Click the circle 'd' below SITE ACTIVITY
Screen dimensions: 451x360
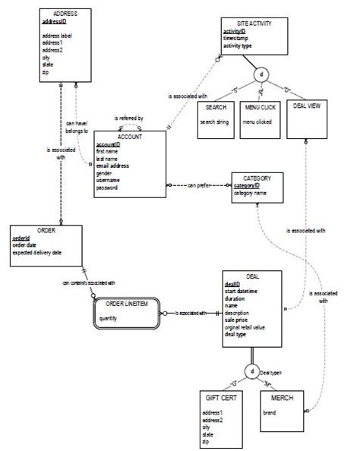pyautogui.click(x=262, y=76)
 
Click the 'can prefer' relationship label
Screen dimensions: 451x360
pyautogui.click(x=199, y=184)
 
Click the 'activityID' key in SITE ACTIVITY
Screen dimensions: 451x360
pyautogui.click(x=237, y=31)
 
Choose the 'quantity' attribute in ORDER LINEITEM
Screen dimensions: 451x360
pyautogui.click(x=109, y=318)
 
